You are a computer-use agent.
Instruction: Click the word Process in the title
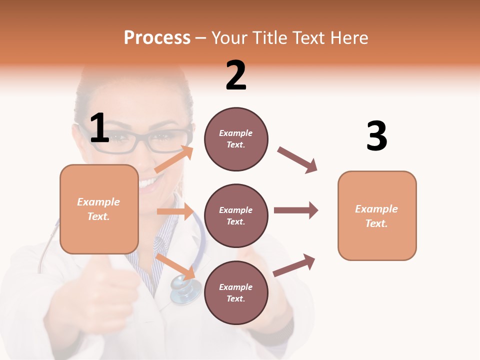157,37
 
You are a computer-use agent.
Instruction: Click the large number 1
99,128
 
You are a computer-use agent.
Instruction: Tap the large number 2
236,75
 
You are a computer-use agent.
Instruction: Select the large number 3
376,136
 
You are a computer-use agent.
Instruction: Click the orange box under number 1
99,209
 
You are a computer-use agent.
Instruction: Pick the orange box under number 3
377,215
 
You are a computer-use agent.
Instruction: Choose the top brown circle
236,139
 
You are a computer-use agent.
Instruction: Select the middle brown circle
236,215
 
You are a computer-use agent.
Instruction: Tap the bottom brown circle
236,292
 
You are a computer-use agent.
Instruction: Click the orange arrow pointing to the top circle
174,159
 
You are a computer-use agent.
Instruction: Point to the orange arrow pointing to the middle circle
175,211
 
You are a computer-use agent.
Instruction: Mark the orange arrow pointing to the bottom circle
175,266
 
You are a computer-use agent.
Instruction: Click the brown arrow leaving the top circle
297,160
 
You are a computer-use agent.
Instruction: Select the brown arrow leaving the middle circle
296,210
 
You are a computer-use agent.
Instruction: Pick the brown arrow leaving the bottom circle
294,265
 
